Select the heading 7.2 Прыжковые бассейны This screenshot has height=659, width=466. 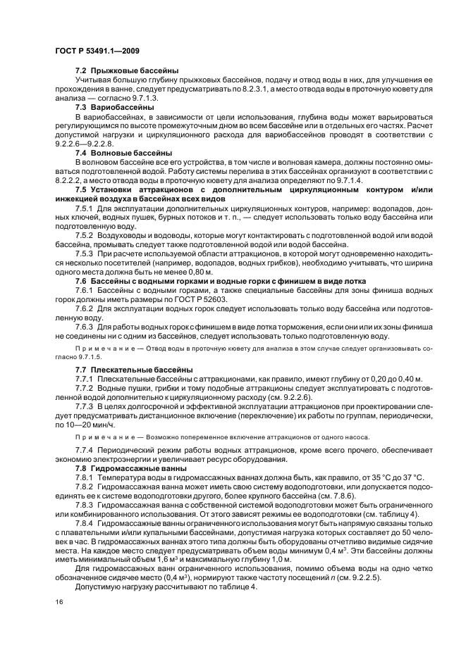point(126,71)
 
